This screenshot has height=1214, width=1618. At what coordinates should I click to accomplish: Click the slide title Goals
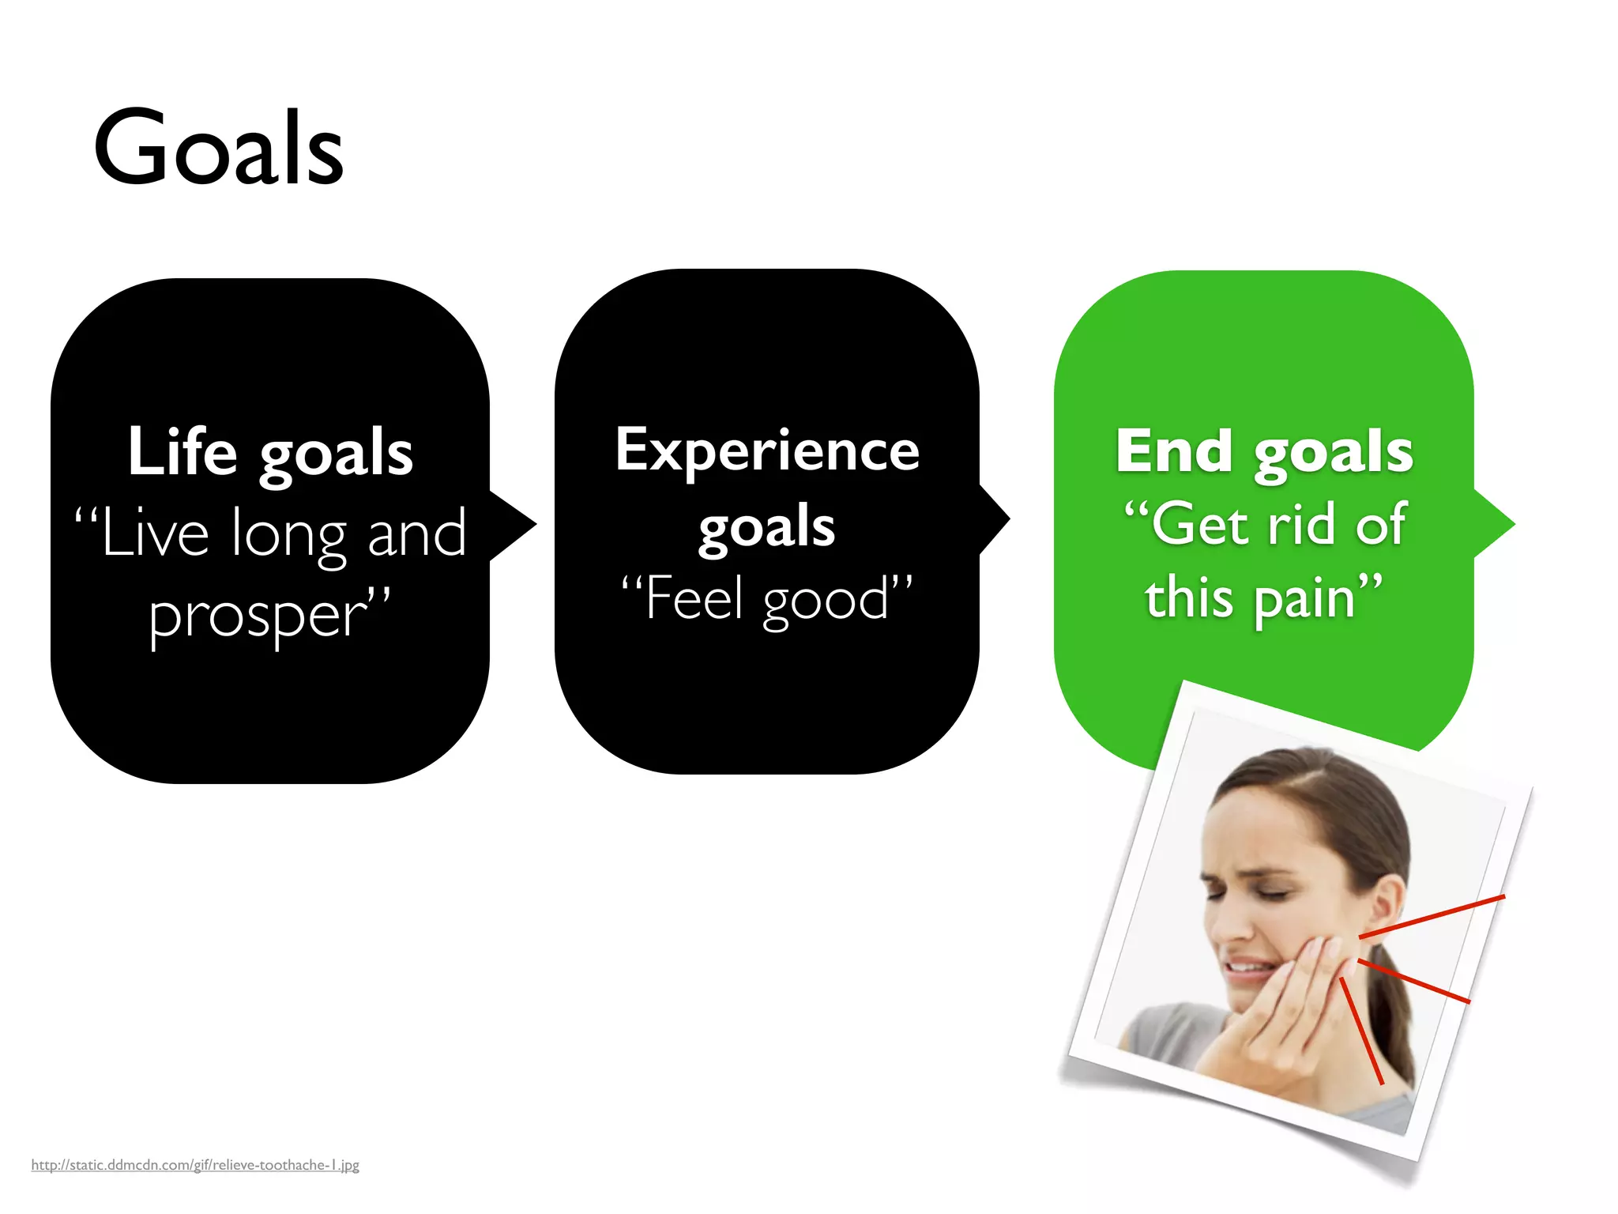[218, 149]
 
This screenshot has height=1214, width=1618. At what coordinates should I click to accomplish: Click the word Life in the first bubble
[182, 452]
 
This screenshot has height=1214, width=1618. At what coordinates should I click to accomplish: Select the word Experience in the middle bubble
[767, 451]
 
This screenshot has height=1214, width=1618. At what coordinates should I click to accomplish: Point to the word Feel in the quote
[694, 598]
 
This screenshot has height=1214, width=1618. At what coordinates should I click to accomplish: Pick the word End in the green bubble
[1174, 451]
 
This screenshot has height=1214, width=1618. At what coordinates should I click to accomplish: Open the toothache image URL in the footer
[195, 1164]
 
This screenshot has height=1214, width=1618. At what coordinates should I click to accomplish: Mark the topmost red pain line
[1432, 917]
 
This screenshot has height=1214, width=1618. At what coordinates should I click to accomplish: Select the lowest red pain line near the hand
[1361, 1031]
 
